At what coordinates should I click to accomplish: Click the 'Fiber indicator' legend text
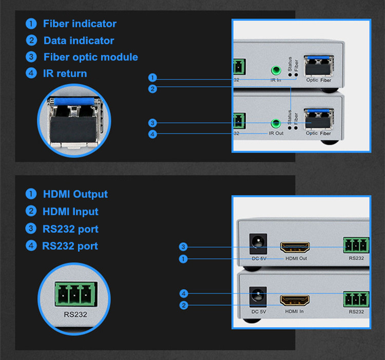80,24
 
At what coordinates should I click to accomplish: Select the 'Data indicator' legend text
79,41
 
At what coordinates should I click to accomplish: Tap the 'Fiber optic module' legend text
90,57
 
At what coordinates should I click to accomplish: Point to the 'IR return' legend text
65,73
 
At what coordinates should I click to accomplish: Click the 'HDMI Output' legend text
75,194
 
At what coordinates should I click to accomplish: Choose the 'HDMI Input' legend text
70,212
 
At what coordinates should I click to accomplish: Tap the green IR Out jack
277,123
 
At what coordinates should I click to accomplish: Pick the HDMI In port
295,299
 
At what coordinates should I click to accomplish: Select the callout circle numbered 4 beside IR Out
152,135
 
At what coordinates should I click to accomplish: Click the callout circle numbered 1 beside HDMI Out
183,259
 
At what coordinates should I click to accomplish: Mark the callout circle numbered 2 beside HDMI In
183,306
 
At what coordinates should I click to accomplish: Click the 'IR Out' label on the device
276,133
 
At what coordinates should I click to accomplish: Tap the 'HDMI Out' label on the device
296,258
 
